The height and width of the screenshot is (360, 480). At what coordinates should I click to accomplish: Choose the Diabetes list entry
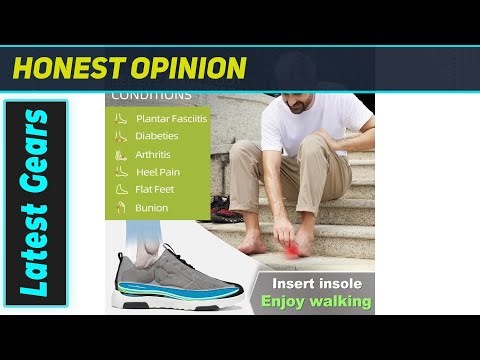[157, 136]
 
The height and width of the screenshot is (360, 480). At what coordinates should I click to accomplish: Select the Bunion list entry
[152, 208]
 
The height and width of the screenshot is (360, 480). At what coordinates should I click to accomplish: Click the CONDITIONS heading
[151, 96]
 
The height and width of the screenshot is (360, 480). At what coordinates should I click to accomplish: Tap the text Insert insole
[314, 282]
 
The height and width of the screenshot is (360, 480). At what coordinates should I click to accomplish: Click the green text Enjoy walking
[314, 300]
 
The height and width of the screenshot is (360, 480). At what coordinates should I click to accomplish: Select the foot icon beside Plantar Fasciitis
[120, 118]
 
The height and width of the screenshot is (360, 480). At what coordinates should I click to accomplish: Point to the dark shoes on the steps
[226, 208]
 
